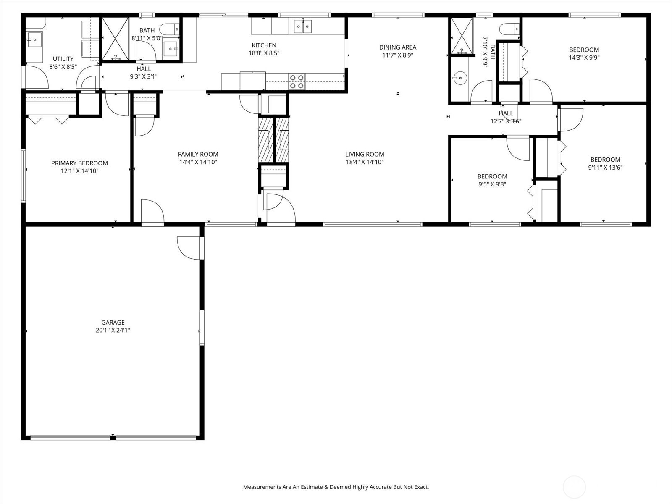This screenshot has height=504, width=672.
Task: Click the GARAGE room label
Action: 113,323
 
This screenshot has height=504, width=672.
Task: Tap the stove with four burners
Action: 297,81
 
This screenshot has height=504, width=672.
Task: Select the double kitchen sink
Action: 302,26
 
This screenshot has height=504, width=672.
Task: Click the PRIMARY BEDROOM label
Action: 79,163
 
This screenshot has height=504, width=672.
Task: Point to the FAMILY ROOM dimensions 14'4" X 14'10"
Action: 198,162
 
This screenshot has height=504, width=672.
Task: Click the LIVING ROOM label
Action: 365,154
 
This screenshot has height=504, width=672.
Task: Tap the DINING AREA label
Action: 397,47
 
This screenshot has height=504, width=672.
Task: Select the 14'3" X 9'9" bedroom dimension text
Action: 584,58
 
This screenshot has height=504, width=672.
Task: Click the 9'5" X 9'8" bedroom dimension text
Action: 492,184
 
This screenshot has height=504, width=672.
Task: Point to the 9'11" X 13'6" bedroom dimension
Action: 605,168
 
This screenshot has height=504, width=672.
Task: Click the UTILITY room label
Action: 63,59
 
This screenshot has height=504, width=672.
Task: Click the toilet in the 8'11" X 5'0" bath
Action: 170,29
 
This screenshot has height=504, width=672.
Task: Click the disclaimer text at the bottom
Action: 336,487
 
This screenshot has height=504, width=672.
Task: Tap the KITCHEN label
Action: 264,45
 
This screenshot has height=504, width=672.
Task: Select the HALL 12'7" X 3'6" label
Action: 506,117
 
